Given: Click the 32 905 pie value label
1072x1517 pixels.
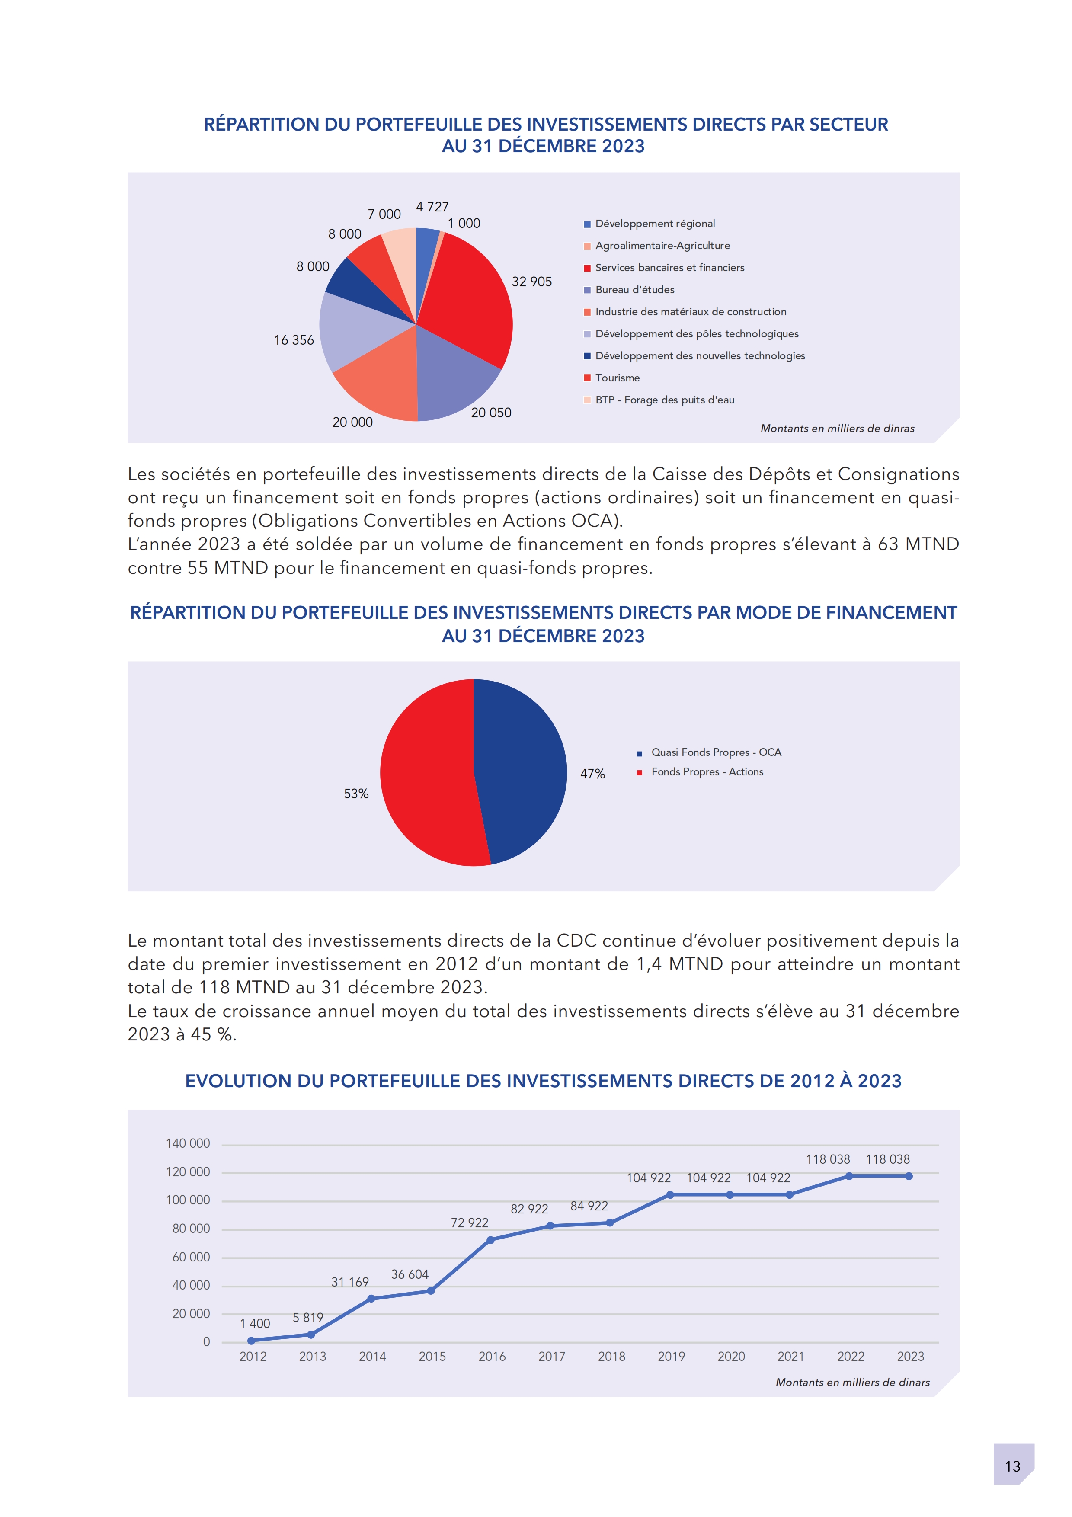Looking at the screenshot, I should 532,282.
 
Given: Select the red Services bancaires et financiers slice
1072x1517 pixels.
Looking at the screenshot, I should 469,298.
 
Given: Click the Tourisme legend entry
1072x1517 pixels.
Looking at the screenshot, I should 617,378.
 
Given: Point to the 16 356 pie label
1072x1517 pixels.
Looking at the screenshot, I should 294,340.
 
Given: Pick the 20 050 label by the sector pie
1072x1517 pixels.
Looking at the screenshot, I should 491,413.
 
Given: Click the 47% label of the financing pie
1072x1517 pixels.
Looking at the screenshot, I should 592,774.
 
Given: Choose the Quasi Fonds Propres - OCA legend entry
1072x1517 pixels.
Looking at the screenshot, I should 716,752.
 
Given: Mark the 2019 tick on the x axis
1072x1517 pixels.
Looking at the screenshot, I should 671,1357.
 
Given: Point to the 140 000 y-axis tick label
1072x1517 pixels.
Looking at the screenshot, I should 188,1144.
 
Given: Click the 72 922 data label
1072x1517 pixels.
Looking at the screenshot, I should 470,1223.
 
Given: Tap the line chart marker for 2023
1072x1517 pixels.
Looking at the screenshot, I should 909,1176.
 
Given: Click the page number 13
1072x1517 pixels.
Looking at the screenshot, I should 1013,1467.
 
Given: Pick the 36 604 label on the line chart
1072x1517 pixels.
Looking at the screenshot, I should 410,1274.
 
